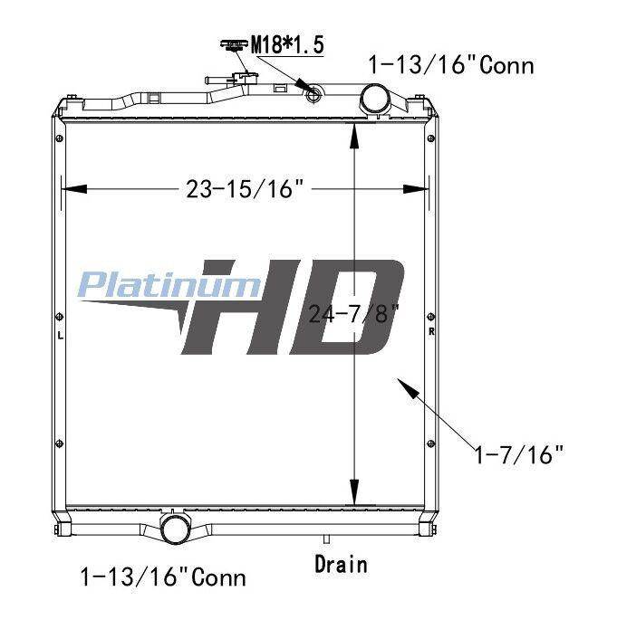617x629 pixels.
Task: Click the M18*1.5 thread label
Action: pos(287,44)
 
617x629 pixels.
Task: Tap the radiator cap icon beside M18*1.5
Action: pos(233,45)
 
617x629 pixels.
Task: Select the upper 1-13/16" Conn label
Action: pos(451,65)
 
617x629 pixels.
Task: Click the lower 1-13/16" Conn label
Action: pos(163,577)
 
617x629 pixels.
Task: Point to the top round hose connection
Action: pos(374,99)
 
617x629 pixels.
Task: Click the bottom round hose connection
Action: pos(175,529)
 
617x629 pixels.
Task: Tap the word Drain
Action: pos(341,564)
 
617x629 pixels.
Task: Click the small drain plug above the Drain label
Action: pos(326,539)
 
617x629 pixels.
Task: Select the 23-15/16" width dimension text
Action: pos(245,188)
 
